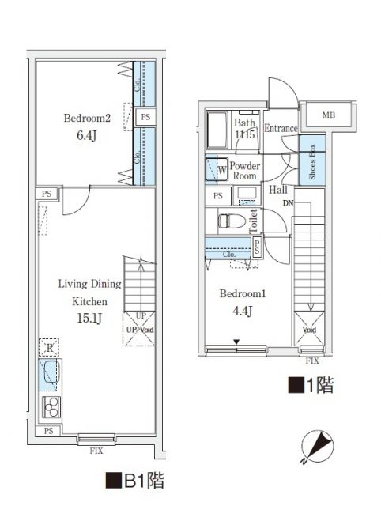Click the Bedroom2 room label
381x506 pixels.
coord(86,119)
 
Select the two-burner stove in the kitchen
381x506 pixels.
coord(52,407)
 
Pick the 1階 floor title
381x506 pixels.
coord(310,386)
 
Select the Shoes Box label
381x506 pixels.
coord(312,162)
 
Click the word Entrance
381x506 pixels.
coord(281,129)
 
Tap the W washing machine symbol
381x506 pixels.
coord(217,168)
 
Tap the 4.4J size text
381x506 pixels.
coord(242,310)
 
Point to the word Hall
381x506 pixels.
coord(277,190)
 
